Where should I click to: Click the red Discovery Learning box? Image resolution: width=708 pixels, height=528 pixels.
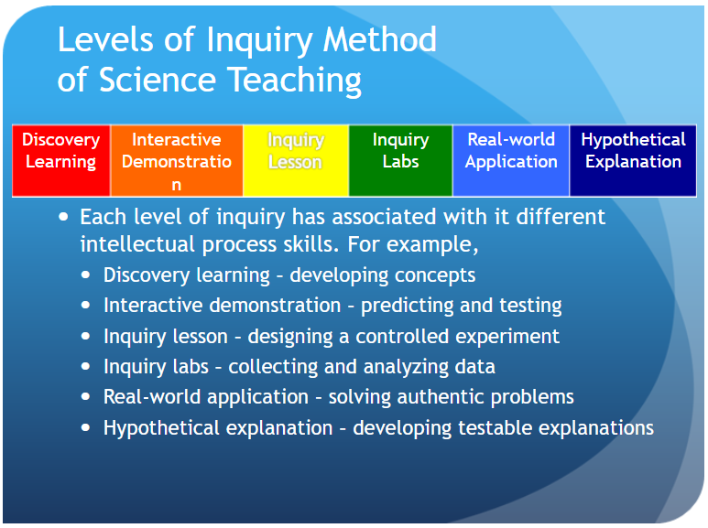[x=60, y=160]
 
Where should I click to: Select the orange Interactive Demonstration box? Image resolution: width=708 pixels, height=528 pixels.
[x=176, y=160]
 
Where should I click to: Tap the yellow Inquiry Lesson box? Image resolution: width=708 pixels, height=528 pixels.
[x=295, y=160]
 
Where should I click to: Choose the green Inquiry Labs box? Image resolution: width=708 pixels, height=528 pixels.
[x=400, y=160]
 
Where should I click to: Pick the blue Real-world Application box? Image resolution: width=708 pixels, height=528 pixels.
[x=511, y=160]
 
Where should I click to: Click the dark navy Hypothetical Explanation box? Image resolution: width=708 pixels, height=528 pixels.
[x=633, y=160]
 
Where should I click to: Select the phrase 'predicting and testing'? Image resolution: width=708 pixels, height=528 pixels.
[x=461, y=306]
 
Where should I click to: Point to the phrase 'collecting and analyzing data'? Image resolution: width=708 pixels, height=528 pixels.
[x=362, y=367]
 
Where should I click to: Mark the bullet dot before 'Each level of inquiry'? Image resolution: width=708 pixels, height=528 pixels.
[x=62, y=218]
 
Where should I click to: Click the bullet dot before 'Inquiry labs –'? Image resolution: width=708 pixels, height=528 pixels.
[x=86, y=367]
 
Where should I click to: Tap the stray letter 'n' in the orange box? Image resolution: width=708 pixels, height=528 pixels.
[x=176, y=184]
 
